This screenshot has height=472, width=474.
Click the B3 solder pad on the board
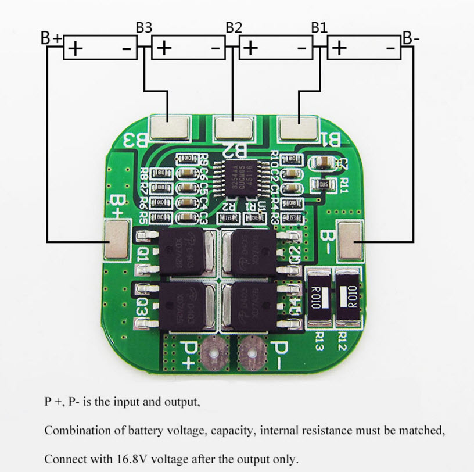point(170,127)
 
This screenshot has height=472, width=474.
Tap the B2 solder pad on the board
point(234,127)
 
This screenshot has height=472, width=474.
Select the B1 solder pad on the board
point(297,127)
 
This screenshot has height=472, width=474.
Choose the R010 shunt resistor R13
point(318,299)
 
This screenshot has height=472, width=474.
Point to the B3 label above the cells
point(144,27)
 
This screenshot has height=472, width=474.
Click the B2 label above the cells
point(234,27)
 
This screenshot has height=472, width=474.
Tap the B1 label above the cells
point(319,27)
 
